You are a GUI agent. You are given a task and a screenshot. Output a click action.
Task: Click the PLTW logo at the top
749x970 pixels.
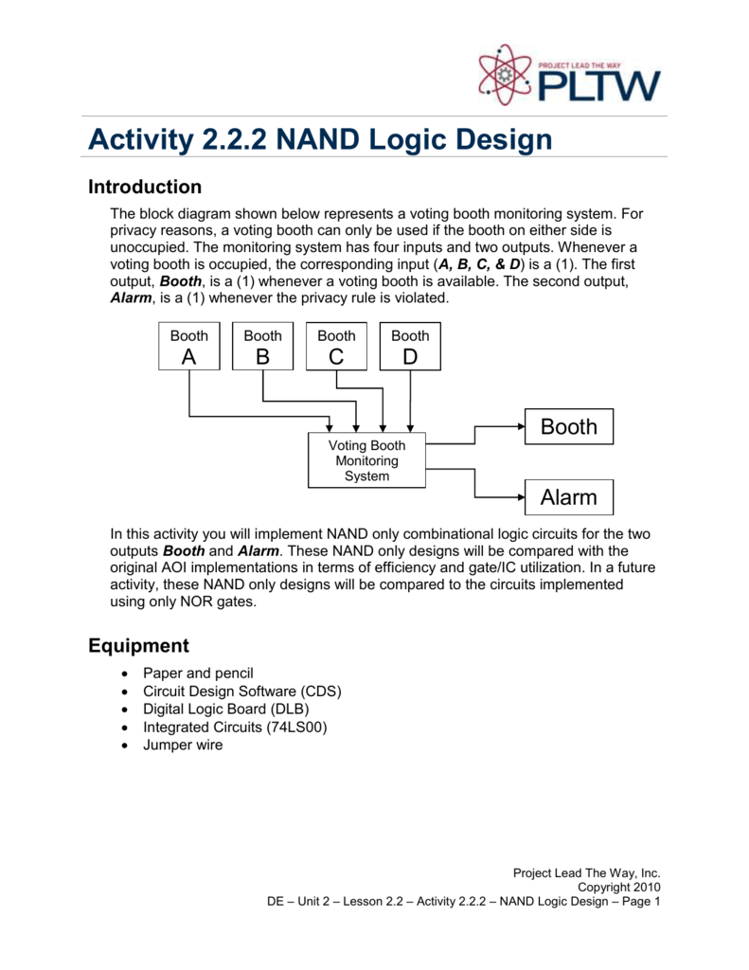pyautogui.click(x=566, y=76)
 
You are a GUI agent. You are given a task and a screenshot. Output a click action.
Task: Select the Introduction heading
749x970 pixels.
pyautogui.click(x=145, y=187)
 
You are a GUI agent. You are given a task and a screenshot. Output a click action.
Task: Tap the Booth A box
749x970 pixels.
pyautogui.click(x=188, y=346)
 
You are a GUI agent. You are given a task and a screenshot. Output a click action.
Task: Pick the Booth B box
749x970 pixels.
pyautogui.click(x=262, y=346)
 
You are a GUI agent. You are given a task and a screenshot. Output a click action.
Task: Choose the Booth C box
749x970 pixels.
pyautogui.click(x=336, y=346)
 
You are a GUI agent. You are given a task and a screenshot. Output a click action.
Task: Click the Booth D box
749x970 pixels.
pyautogui.click(x=410, y=346)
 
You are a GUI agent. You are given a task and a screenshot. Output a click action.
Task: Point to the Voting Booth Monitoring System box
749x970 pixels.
pyautogui.click(x=366, y=460)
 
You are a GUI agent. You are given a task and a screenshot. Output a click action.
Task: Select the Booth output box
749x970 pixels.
pyautogui.click(x=568, y=427)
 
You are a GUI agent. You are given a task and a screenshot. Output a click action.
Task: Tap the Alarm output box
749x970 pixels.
pyautogui.click(x=568, y=497)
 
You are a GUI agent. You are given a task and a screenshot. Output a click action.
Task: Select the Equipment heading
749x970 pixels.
pyautogui.click(x=138, y=646)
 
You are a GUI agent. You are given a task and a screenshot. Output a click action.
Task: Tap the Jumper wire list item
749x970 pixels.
pyautogui.click(x=183, y=745)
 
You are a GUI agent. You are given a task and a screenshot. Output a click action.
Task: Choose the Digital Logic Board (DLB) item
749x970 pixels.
pyautogui.click(x=225, y=709)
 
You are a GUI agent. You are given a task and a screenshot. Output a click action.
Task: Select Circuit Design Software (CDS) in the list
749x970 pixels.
pyautogui.click(x=242, y=691)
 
